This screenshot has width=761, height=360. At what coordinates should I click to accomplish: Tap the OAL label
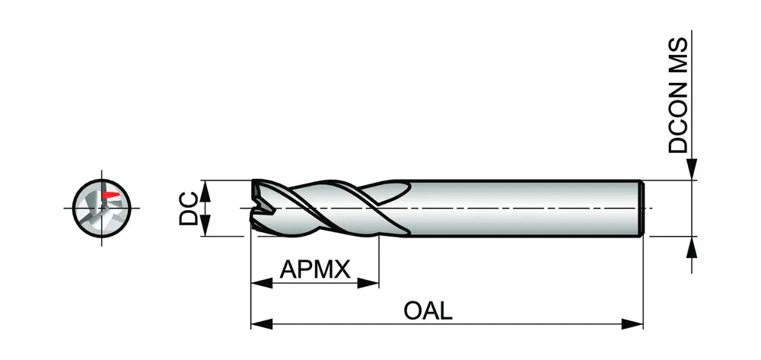tap(429, 311)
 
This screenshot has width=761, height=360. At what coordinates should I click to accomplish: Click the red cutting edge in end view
tap(111, 196)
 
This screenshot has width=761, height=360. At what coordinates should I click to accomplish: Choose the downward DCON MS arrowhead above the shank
tap(692, 172)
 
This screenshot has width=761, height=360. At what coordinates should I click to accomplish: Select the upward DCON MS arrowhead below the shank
tap(692, 245)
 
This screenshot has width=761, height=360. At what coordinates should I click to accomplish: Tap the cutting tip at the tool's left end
tap(257, 205)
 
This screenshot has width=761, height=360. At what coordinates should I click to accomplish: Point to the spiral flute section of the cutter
tap(327, 207)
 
